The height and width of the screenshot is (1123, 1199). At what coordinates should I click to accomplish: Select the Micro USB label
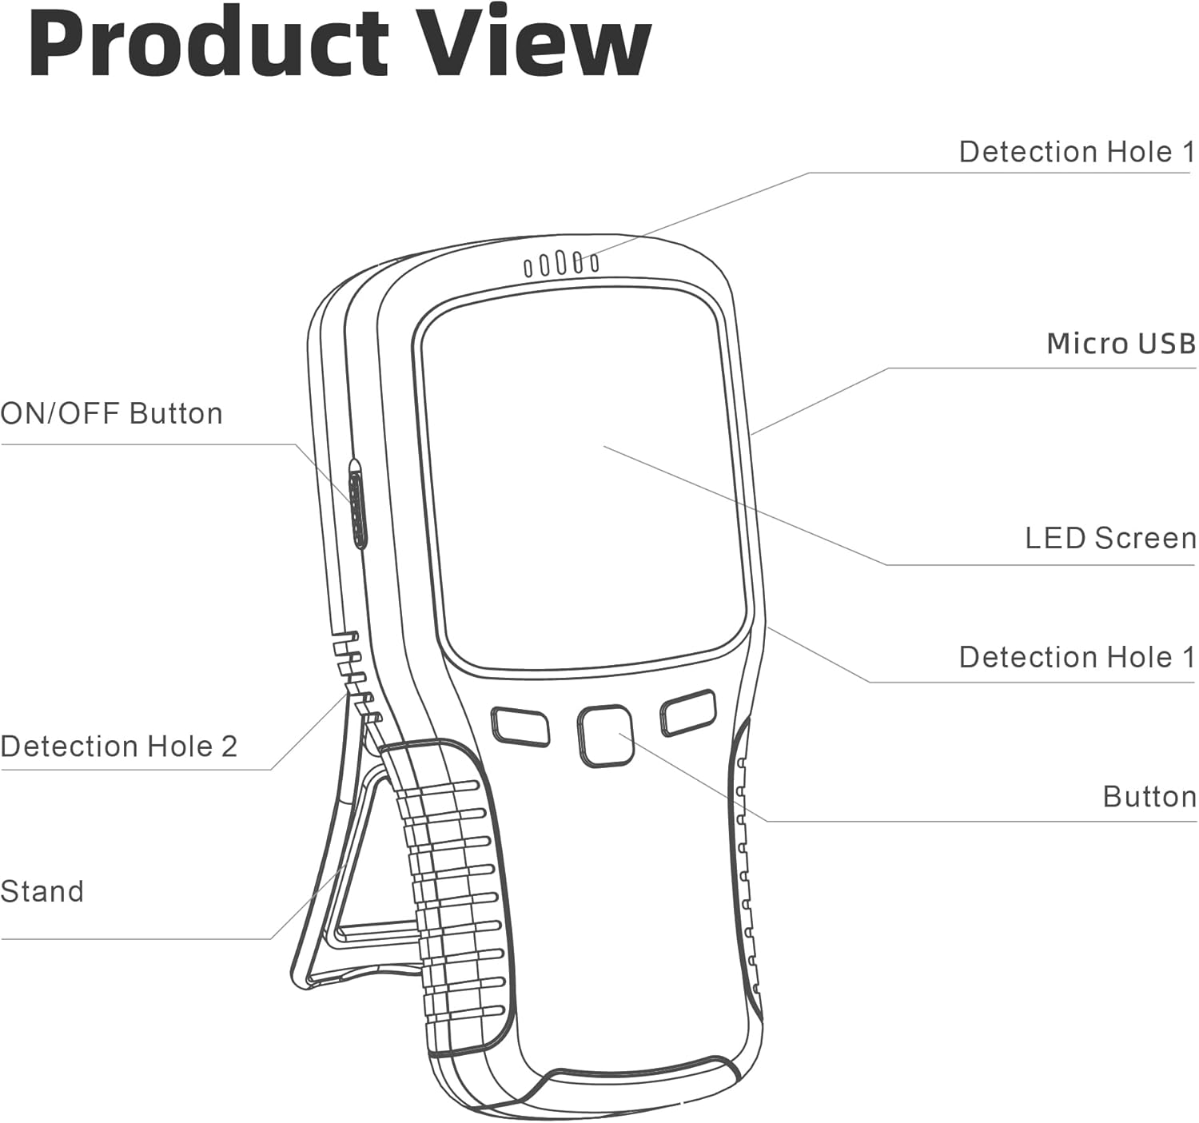pyautogui.click(x=1121, y=344)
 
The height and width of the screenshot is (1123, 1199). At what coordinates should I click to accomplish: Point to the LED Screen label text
pyautogui.click(x=1110, y=538)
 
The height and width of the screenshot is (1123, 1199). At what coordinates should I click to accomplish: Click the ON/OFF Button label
pyautogui.click(x=112, y=413)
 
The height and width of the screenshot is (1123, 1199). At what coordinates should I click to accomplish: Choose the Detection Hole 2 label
pyautogui.click(x=119, y=747)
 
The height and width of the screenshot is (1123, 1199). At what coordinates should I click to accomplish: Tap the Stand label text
pyautogui.click(x=42, y=891)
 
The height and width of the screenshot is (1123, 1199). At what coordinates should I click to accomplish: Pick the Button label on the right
pyautogui.click(x=1149, y=797)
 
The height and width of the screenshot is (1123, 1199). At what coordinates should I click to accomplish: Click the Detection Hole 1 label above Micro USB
pyautogui.click(x=1077, y=152)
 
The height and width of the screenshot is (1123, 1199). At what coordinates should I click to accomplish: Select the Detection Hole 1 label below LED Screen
pyautogui.click(x=1077, y=657)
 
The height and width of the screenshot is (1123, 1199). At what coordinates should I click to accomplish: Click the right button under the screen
pyautogui.click(x=687, y=711)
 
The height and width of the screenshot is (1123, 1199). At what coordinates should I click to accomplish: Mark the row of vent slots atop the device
pyautogui.click(x=561, y=264)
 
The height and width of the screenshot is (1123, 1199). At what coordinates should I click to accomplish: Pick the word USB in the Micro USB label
pyautogui.click(x=1166, y=344)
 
